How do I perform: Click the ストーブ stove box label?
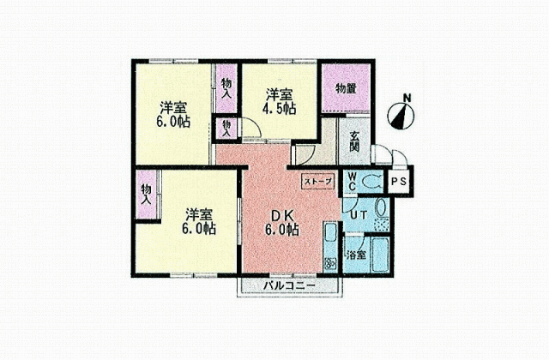click(x=317, y=182)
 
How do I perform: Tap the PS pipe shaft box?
click(x=399, y=182)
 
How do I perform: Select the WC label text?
click(x=352, y=182)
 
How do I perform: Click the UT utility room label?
click(x=359, y=215)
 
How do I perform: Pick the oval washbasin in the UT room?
click(x=381, y=207)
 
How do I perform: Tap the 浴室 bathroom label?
click(x=356, y=255)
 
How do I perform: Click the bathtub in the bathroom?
click(x=380, y=255)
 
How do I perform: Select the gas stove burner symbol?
click(x=330, y=264)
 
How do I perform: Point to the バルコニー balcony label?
click(x=289, y=285)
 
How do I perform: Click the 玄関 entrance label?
click(x=354, y=141)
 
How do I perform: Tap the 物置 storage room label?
click(x=346, y=89)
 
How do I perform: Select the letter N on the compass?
click(x=407, y=98)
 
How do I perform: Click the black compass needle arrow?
click(x=399, y=118)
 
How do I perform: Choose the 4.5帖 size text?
click(x=280, y=109)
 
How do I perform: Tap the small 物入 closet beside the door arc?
click(x=226, y=129)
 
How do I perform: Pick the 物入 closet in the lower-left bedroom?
click(x=147, y=195)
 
